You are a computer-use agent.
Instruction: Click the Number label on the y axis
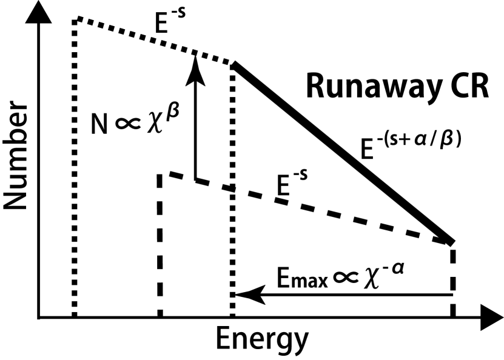tap(16, 164)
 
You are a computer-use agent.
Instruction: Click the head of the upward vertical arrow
tap(195, 61)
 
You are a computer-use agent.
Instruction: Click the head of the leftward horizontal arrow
tap(246, 295)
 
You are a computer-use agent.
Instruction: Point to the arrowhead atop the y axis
tap(39, 16)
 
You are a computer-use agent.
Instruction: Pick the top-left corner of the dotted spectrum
tap(75, 20)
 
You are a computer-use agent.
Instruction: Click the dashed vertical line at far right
tap(452, 279)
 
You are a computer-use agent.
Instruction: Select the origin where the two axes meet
tap(39, 316)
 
